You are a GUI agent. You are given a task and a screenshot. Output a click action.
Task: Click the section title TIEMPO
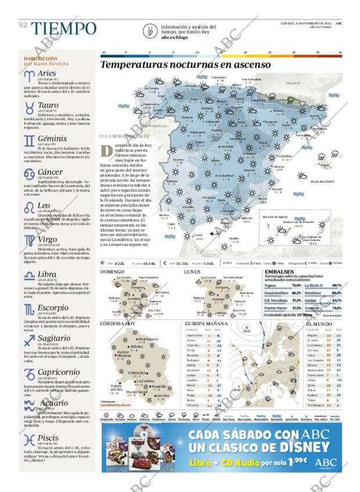pyautogui.click(x=64, y=27)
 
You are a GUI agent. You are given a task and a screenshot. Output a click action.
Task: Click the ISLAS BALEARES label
pyautogui.click(x=322, y=181)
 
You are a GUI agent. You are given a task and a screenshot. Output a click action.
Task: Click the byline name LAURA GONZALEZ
pyautogui.click(x=128, y=137)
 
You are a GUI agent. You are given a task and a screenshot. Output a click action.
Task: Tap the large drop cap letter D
pyautogui.click(x=106, y=150)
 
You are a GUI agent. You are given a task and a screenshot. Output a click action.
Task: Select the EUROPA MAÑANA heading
pyautogui.click(x=206, y=323)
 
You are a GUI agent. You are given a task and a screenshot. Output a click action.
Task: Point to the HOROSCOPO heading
pyautogui.click(x=40, y=59)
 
